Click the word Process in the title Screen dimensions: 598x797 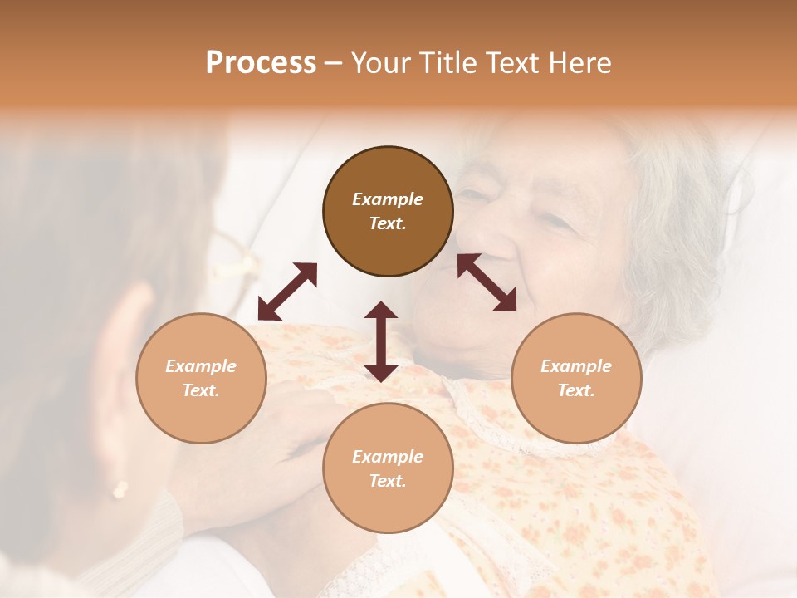point(261,63)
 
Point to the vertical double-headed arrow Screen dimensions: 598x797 point(381,341)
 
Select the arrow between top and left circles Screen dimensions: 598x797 point(287,292)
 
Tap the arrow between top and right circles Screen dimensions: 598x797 point(487,282)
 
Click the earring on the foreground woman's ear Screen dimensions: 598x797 point(120,489)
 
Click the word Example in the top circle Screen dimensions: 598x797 point(388,199)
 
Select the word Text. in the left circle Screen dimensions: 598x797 point(201,390)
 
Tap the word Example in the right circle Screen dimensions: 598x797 point(576,366)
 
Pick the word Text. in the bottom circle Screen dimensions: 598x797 point(388,481)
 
